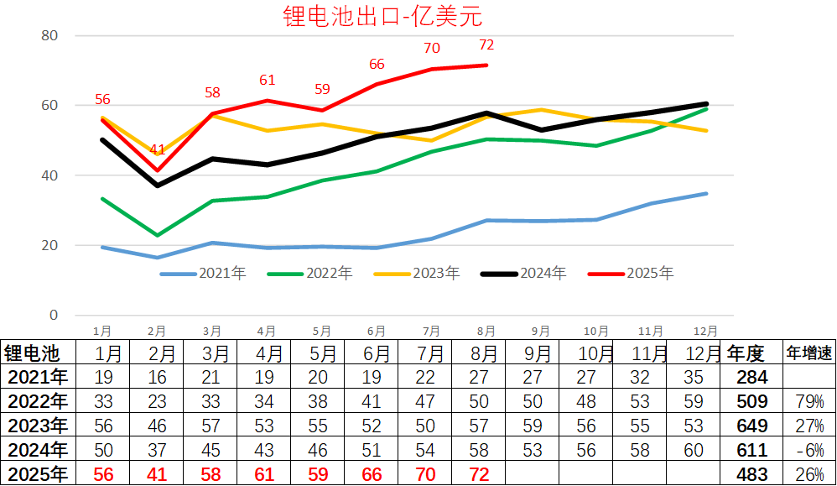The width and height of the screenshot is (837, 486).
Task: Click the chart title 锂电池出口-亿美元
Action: tap(383, 17)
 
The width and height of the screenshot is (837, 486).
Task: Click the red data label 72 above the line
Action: tap(486, 45)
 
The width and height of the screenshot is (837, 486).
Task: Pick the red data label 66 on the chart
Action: tap(377, 65)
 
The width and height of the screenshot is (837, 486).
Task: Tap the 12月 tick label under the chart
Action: tap(706, 331)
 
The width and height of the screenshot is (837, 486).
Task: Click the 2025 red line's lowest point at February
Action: tap(157, 170)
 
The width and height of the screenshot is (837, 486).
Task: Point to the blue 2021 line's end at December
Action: tap(706, 194)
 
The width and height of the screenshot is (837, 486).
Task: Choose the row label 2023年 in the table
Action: tap(36, 426)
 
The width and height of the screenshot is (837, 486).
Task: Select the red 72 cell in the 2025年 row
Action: tap(480, 474)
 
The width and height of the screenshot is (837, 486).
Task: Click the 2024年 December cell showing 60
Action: tap(693, 450)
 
